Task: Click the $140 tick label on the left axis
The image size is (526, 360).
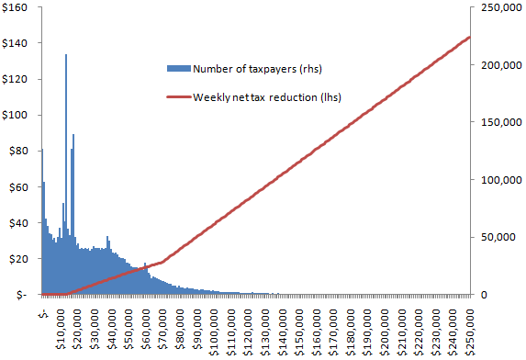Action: point(15,43)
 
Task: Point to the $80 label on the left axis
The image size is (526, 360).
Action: point(17,152)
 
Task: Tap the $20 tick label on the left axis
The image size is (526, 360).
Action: point(17,259)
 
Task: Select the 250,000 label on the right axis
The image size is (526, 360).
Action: point(501,7)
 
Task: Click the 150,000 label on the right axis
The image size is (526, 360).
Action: point(501,122)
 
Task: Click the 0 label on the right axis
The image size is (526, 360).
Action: point(484,295)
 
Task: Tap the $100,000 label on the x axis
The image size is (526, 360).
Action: point(215,332)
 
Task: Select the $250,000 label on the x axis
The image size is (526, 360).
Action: point(471,332)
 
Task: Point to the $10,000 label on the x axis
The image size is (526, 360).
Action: point(62,330)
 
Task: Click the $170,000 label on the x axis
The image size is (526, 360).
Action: point(334,332)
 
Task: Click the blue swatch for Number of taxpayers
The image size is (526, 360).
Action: point(179,69)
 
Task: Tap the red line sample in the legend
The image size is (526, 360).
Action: point(179,97)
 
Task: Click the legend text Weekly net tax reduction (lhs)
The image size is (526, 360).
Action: point(267,97)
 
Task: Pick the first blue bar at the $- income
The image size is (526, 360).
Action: point(42,221)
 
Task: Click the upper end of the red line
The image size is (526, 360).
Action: point(470,38)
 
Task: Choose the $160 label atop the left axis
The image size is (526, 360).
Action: point(15,7)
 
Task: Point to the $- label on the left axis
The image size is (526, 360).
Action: point(21,295)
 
